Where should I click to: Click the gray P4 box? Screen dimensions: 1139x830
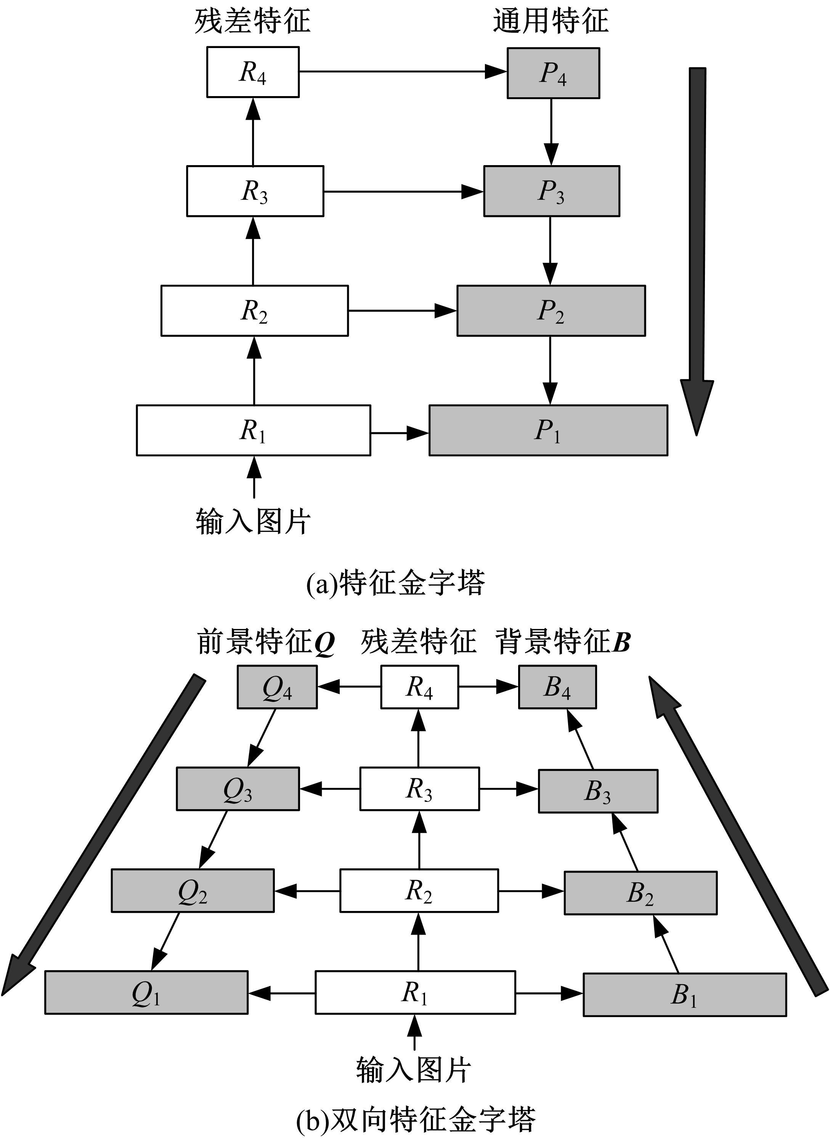[553, 73]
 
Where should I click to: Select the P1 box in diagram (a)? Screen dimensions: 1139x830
[547, 430]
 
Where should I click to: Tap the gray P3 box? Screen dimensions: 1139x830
[551, 191]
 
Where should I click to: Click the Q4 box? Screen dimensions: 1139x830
[277, 687]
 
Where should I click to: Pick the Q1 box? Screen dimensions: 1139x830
[146, 992]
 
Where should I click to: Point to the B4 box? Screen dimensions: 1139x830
[557, 687]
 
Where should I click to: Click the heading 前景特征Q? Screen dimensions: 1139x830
[266, 643]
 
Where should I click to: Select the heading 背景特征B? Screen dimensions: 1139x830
[563, 643]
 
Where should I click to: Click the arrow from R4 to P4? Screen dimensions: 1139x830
[402, 72]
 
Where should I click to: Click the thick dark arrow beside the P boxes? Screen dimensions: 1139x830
[697, 251]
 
